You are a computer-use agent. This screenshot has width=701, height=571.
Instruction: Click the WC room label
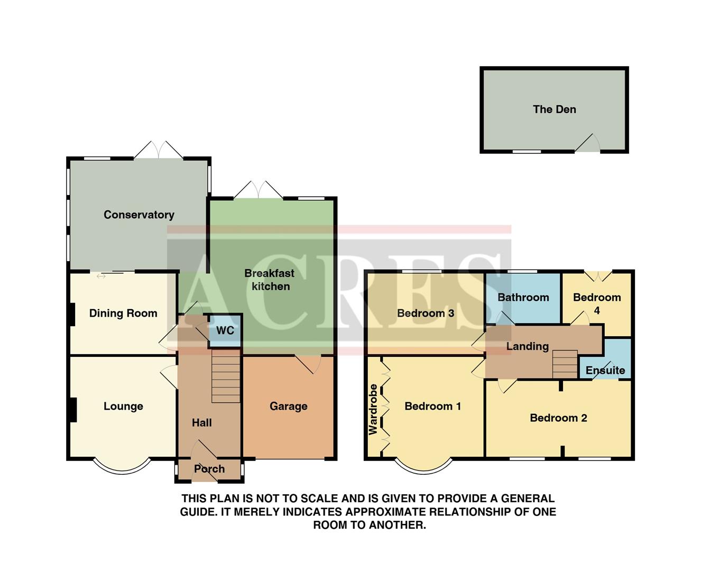point(225,330)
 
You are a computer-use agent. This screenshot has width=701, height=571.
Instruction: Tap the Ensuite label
point(605,370)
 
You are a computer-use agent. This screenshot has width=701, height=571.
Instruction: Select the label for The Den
point(554,109)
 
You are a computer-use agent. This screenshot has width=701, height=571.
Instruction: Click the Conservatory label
point(139,215)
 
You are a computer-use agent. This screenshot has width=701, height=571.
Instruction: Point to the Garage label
point(288,406)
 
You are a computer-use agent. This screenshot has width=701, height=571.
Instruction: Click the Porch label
point(209,469)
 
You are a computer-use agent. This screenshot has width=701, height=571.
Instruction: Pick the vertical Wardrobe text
point(373,409)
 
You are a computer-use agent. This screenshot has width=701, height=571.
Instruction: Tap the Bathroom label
point(523,297)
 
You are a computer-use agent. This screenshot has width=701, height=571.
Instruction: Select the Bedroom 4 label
point(597,303)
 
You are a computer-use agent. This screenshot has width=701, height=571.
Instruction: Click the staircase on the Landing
point(565,364)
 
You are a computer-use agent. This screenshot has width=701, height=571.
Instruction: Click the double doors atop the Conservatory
point(159,150)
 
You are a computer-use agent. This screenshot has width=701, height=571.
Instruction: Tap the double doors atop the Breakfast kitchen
point(259,190)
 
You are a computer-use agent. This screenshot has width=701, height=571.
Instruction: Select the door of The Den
point(587,144)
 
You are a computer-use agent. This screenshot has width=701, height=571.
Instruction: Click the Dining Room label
point(123,314)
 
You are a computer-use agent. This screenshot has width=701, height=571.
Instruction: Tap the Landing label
point(527,346)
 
